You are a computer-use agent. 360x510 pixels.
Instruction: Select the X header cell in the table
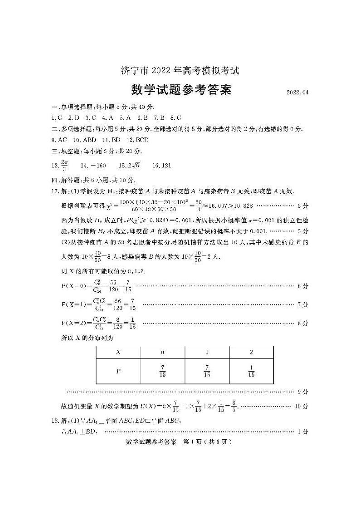(x=118, y=352)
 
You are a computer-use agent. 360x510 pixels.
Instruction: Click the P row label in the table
(x=118, y=371)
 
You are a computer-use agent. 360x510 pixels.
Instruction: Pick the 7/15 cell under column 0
(x=162, y=371)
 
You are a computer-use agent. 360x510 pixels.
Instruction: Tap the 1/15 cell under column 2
(x=251, y=371)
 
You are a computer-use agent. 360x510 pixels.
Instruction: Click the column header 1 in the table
(x=207, y=352)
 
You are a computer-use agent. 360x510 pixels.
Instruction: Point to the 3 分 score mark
(x=303, y=193)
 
